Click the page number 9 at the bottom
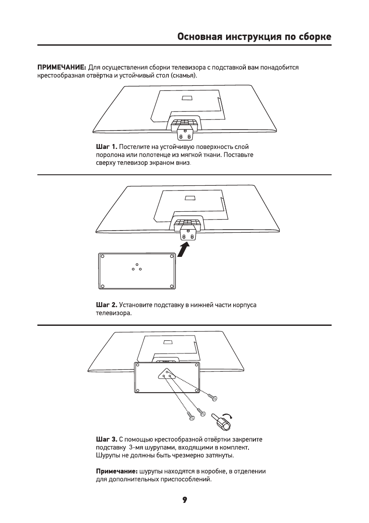pyautogui.click(x=185, y=500)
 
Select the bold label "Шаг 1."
pyautogui.click(x=106, y=146)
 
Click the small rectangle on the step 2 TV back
pyautogui.click(x=190, y=198)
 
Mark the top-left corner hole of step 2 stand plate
pyautogui.click(x=102, y=256)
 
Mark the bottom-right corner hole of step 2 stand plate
pyautogui.click(x=172, y=286)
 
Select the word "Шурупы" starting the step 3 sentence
pyautogui.click(x=108, y=455)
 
